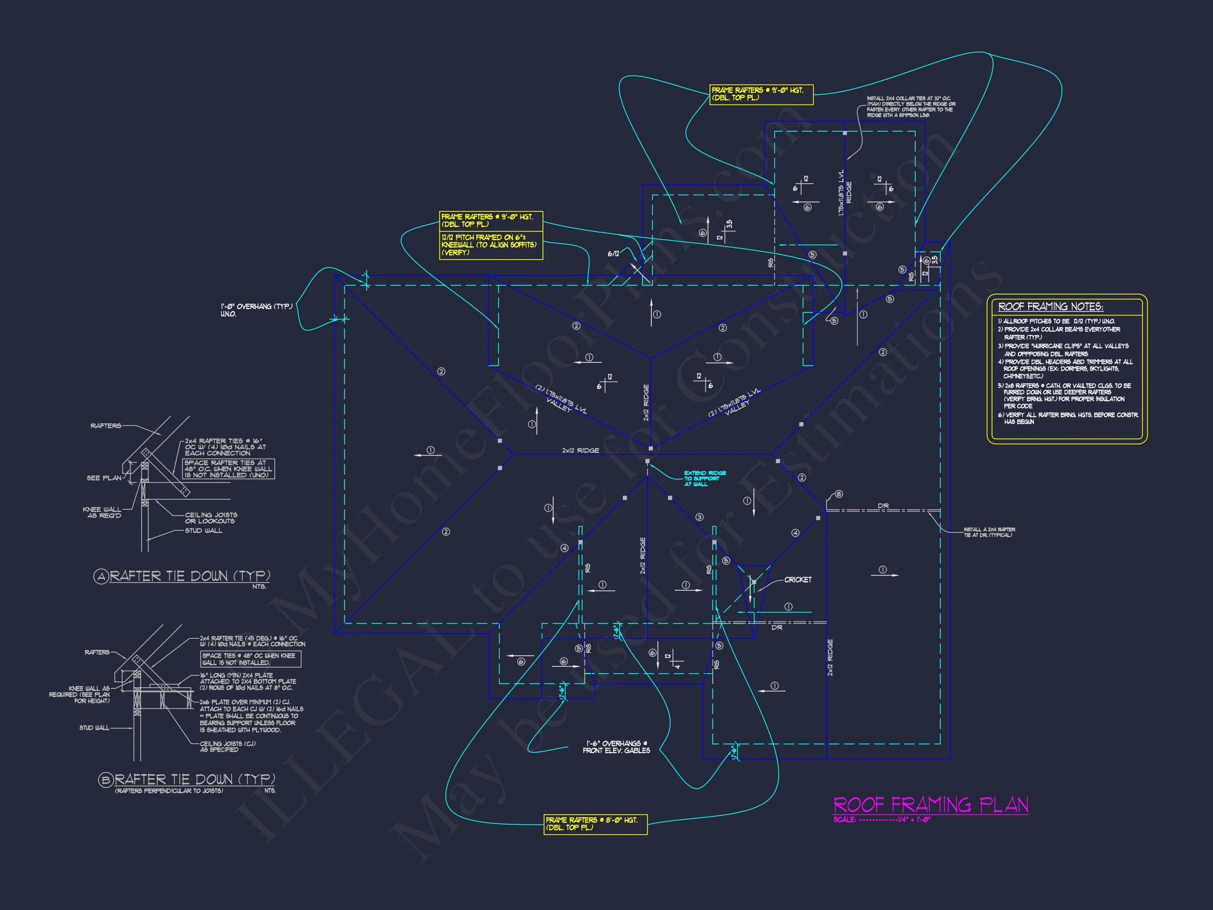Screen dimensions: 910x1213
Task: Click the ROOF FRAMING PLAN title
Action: (x=931, y=805)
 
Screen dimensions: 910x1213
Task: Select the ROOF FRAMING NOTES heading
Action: (x=1050, y=306)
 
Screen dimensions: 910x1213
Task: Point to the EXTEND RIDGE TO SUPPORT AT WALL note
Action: (x=704, y=478)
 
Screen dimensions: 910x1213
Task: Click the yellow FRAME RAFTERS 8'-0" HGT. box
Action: (x=595, y=824)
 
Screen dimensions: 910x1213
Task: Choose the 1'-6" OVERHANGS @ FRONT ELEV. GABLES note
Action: (x=616, y=747)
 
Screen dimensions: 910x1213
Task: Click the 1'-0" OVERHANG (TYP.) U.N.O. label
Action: (x=256, y=310)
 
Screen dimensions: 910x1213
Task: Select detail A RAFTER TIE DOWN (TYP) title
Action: (x=189, y=576)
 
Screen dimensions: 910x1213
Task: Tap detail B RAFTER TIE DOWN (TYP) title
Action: (x=195, y=779)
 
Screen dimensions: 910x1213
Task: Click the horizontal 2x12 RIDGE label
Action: (x=580, y=450)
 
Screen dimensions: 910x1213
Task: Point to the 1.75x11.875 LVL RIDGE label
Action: (x=845, y=193)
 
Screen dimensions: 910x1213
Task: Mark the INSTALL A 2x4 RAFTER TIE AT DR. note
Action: (x=989, y=532)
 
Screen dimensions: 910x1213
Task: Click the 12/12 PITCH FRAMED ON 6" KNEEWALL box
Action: (x=490, y=245)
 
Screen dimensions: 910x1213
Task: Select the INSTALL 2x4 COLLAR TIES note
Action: (x=911, y=107)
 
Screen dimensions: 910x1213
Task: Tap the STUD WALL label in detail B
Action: (x=94, y=728)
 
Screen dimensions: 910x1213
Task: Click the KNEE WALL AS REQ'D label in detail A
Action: (x=104, y=512)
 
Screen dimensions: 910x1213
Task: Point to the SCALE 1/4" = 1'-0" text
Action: (x=882, y=820)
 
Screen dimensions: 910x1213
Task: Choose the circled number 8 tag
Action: (x=839, y=494)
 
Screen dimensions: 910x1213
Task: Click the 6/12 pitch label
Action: (x=613, y=253)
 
